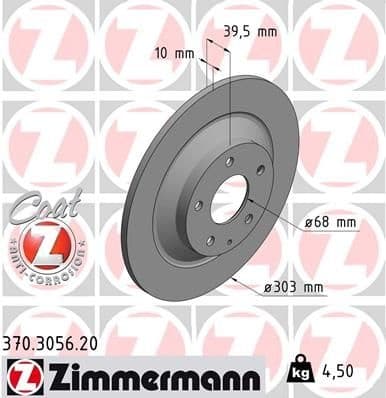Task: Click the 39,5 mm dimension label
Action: point(250,32)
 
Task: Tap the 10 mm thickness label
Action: point(172,52)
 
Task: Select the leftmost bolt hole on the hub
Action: point(198,205)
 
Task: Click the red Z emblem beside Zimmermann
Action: point(22,377)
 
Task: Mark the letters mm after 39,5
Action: point(266,32)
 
